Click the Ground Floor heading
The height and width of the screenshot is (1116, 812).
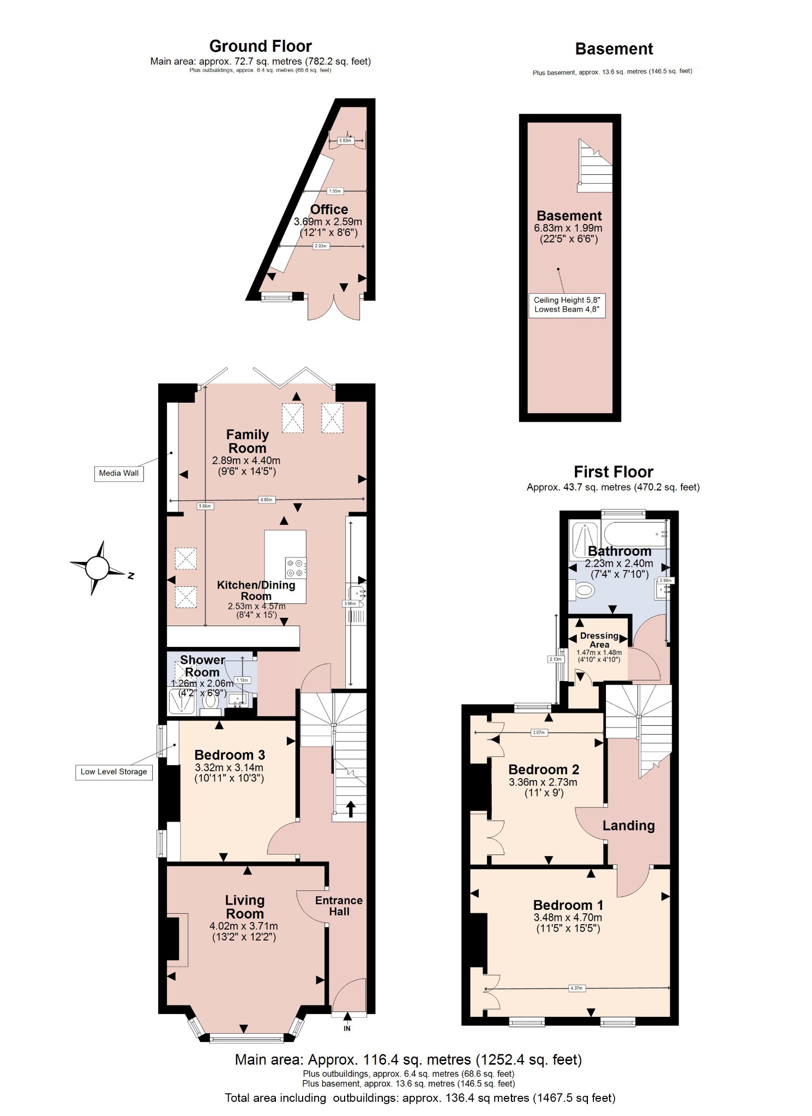tap(260, 46)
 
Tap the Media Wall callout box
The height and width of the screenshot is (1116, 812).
tap(118, 473)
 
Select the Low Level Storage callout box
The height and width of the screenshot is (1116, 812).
tap(113, 772)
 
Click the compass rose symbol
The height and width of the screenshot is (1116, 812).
tap(98, 568)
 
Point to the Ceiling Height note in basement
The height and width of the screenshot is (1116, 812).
tap(567, 305)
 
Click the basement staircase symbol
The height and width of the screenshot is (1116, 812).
tap(596, 166)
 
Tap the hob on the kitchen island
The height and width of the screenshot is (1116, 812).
tap(296, 568)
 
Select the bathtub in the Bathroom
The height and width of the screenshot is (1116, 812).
tap(633, 533)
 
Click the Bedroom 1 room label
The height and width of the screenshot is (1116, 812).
tap(568, 905)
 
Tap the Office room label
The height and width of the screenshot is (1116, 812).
tap(329, 210)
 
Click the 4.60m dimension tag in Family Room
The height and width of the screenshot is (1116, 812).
tap(267, 499)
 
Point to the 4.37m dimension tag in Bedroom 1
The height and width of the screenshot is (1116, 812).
tap(576, 988)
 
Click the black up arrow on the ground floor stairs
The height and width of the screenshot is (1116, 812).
tap(350, 809)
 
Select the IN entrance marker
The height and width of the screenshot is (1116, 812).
tap(347, 1029)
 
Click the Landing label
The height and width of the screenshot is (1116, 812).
tap(628, 826)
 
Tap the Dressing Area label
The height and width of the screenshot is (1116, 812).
tap(599, 640)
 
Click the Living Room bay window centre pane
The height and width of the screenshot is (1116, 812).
tap(246, 1039)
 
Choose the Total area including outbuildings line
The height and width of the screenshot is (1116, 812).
tap(420, 1098)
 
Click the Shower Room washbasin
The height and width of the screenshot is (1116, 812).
tap(238, 699)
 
